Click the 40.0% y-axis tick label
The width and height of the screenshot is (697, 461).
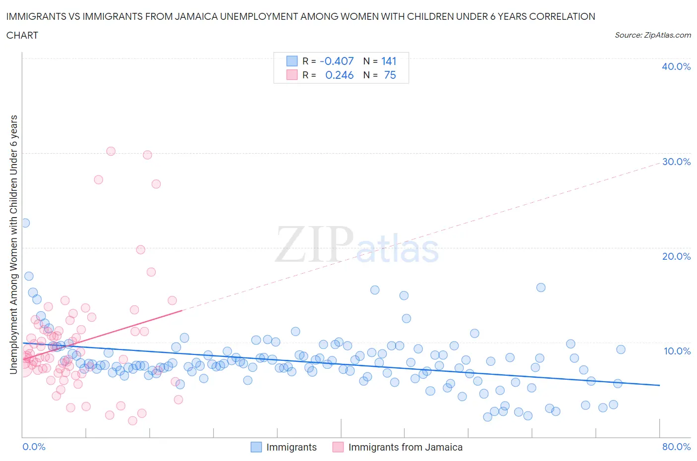(676, 66)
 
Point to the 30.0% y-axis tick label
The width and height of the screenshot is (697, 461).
(676, 162)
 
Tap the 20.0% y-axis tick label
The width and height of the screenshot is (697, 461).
(676, 256)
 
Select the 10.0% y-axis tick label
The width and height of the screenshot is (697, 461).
(676, 351)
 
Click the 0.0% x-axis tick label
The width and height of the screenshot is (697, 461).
(34, 447)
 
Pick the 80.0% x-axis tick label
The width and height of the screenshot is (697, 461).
(676, 447)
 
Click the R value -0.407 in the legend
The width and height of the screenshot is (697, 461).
(337, 61)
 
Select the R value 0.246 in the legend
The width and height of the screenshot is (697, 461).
(339, 75)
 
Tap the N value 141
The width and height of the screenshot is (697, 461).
(389, 61)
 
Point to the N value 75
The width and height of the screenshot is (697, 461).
(390, 75)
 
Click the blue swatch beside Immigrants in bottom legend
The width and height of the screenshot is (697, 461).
(256, 447)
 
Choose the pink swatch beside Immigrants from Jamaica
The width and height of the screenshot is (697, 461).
(338, 447)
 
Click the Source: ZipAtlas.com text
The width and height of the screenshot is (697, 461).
(652, 35)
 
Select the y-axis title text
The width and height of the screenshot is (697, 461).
(13, 244)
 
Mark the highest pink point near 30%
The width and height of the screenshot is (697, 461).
(111, 151)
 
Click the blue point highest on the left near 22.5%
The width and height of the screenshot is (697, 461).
(25, 223)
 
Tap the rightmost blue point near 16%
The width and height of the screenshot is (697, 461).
(541, 288)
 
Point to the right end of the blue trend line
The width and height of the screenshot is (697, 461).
(659, 385)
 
